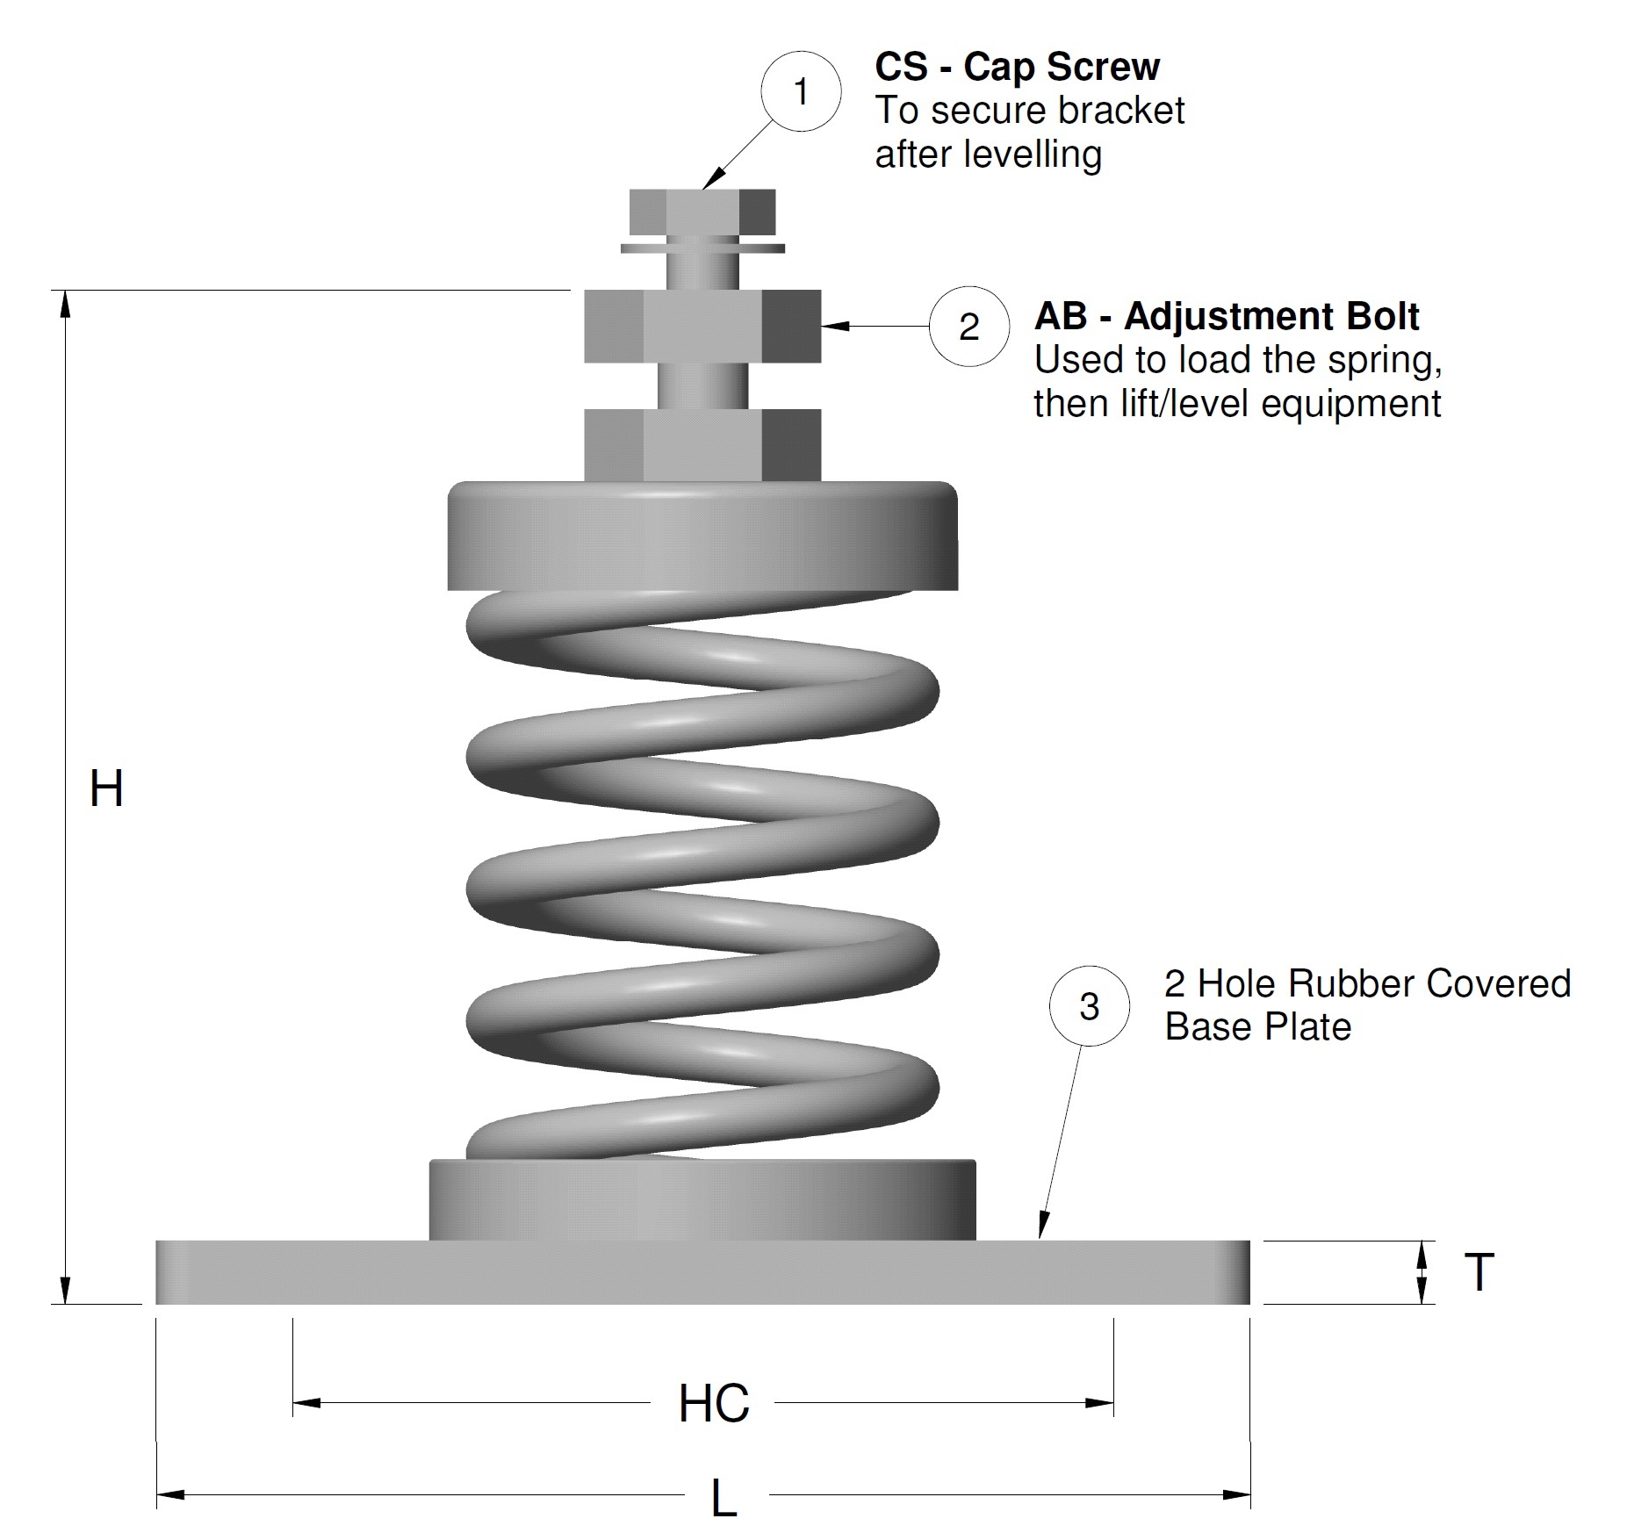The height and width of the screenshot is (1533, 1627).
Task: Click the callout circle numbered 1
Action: pos(801,92)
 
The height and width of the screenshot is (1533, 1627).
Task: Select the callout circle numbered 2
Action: pos(968,327)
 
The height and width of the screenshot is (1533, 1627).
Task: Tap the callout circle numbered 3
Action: pos(1089,1006)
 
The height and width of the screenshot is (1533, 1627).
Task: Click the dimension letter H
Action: pos(106,788)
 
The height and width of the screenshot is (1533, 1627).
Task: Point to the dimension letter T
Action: pos(1479,1272)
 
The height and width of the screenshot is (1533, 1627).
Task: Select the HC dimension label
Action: pos(714,1403)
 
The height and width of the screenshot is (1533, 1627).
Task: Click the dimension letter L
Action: pos(723,1498)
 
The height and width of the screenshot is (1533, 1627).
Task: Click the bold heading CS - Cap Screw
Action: pos(1017,68)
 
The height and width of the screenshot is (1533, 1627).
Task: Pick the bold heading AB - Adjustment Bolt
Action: pos(1226,317)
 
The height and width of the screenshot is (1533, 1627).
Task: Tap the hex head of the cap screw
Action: pos(702,212)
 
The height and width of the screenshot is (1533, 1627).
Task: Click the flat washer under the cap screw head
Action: pos(702,248)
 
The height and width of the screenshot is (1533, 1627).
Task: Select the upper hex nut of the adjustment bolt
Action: pos(702,327)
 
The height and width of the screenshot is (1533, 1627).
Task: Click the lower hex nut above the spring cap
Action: pos(702,444)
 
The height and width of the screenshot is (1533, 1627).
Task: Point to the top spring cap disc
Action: pos(702,536)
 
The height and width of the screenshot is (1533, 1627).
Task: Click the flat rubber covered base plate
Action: pos(702,1272)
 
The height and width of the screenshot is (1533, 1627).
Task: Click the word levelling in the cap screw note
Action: pos(1032,155)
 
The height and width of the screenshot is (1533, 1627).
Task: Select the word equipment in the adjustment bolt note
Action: pos(1351,405)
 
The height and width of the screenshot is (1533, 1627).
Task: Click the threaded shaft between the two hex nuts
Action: pos(702,385)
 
